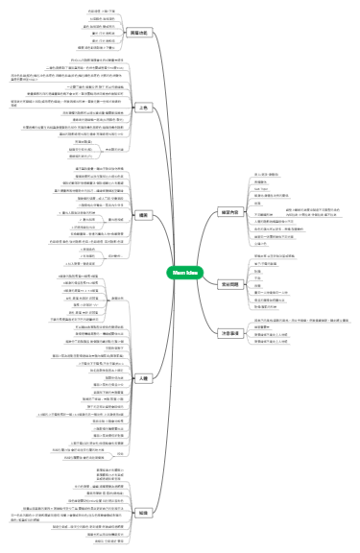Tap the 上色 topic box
pyautogui.click(x=144, y=108)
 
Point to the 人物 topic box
pyautogui.click(x=144, y=379)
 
